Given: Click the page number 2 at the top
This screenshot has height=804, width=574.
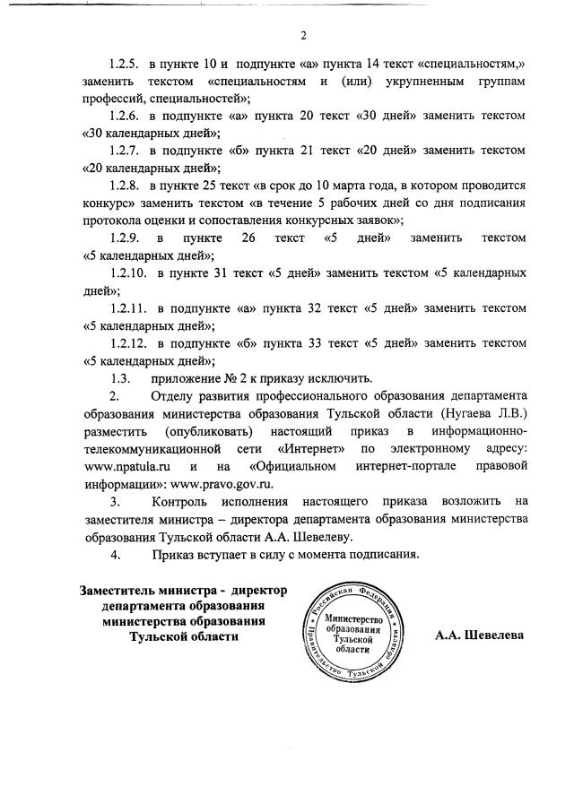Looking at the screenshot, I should tap(304, 36).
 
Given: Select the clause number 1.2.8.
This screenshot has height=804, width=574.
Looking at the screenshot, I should tap(124, 186).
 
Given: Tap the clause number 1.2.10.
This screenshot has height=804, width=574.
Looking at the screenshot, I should tap(126, 272).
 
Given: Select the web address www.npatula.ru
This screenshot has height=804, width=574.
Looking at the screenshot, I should tap(126, 466).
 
